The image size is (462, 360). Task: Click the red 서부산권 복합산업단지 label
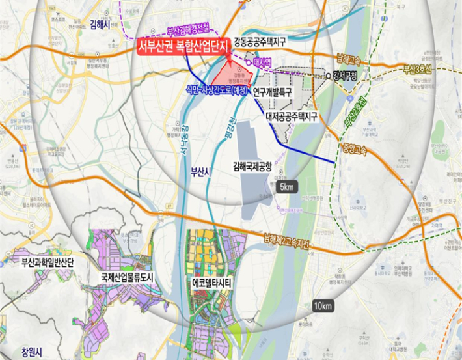coord(183,48)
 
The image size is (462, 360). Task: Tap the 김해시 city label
coord(102,24)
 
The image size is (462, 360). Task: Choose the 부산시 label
coord(200,172)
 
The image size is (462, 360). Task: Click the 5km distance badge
coord(287,188)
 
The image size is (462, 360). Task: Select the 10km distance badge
coord(323,306)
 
